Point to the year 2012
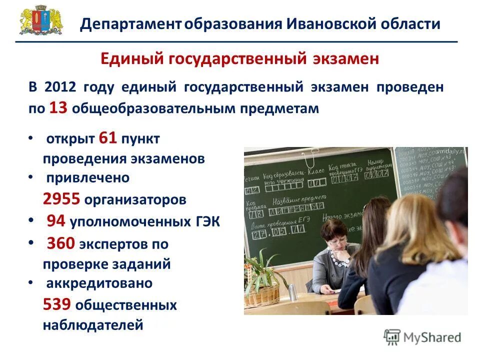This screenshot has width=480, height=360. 59,87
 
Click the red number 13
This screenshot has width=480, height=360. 58,108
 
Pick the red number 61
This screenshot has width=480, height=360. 108,138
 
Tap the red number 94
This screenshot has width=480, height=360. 56,220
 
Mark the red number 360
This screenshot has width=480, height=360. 61,243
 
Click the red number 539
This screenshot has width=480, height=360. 56,304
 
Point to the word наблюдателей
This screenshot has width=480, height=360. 93,325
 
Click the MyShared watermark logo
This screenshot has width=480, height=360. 422,337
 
